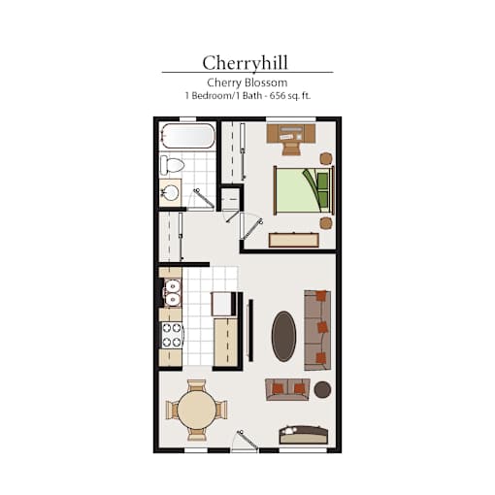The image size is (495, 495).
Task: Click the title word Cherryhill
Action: [245, 62]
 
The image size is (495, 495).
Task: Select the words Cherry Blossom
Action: [247, 82]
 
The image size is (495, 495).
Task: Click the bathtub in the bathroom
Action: [187, 136]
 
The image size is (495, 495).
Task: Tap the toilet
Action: [172, 165]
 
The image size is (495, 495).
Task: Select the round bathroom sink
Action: [170, 193]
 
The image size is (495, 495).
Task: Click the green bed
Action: [304, 190]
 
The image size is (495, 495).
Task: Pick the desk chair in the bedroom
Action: [291, 148]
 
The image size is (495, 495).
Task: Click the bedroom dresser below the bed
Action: [294, 240]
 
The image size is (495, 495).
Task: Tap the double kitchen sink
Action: [172, 293]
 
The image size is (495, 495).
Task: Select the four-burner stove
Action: [172, 335]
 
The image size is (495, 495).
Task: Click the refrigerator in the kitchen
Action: [223, 304]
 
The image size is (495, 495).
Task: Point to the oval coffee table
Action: [283, 336]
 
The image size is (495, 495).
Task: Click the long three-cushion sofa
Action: [317, 330]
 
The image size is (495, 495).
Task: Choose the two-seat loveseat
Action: [287, 389]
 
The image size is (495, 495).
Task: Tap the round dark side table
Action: [322, 389]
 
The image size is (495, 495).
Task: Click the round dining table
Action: [197, 410]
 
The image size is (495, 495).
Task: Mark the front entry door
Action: [247, 441]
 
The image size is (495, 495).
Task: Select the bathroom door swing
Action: [203, 199]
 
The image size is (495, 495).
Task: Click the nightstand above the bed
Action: [326, 158]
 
